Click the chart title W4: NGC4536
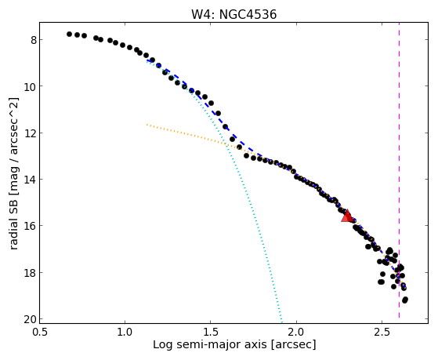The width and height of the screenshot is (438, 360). [233, 14]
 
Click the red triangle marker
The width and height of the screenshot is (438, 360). [347, 216]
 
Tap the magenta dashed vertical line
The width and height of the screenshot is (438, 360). [399, 170]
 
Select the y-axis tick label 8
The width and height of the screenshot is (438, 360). [34, 40]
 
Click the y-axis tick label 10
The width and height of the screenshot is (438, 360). [31, 86]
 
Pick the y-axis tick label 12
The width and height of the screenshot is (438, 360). [31, 133]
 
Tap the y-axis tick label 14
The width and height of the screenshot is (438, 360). [31, 180]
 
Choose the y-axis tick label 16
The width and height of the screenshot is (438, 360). [31, 226]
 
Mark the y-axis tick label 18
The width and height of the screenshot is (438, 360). [31, 273]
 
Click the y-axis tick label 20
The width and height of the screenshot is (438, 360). [31, 319]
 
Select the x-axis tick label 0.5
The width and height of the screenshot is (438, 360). [40, 332]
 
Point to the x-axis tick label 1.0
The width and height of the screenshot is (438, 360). [125, 332]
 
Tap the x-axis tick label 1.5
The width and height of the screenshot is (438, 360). [211, 332]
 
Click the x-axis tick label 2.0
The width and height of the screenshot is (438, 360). [296, 332]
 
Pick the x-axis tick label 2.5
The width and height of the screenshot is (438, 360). [382, 332]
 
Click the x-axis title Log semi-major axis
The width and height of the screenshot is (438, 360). [209, 345]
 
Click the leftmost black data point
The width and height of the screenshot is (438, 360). [69, 35]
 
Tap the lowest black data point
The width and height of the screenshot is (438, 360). [405, 300]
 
